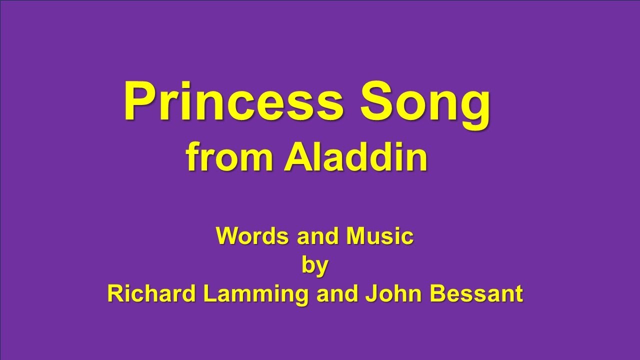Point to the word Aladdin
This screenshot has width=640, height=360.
tap(356, 158)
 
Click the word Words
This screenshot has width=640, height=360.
tap(253, 236)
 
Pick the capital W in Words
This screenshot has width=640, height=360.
tap(226, 236)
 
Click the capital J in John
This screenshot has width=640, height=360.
tap(370, 294)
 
